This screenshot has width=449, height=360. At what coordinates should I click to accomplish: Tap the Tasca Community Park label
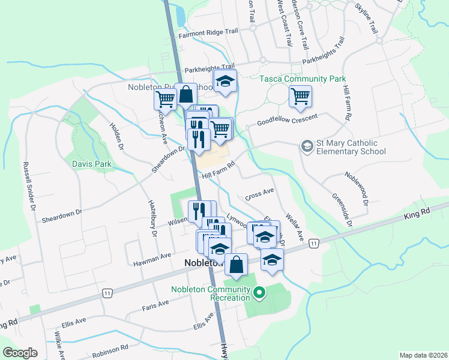click(303, 79)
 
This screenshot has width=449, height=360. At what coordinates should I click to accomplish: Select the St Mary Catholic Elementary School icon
click(307, 146)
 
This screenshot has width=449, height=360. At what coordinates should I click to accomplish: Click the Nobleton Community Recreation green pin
click(259, 293)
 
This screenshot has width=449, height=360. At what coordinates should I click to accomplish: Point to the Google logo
click(20, 353)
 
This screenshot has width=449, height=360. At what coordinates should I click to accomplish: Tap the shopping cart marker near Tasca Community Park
click(300, 96)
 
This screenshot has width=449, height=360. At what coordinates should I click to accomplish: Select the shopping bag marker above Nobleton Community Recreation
click(237, 264)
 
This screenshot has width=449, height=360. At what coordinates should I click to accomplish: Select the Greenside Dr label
click(342, 209)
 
